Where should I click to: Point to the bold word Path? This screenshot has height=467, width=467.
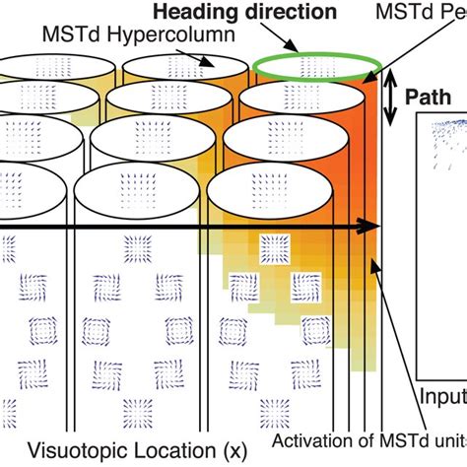(433, 99)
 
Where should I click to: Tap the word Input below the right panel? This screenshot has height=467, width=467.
(443, 395)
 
